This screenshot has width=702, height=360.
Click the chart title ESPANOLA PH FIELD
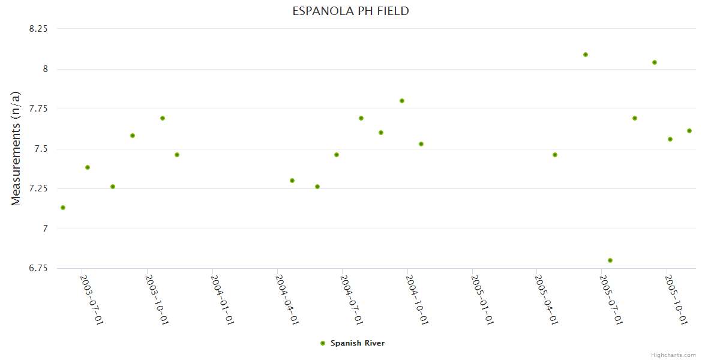tap(350, 11)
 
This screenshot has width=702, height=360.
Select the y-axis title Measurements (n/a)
tap(16, 148)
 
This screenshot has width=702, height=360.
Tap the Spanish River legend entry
tap(357, 343)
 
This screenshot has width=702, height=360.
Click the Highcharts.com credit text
tap(673, 355)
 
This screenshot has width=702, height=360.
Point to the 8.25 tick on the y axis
tap(38, 29)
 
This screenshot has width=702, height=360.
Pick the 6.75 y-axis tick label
tap(38, 268)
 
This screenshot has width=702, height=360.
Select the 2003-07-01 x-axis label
tap(92, 299)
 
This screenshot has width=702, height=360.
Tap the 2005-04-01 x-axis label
tap(546, 299)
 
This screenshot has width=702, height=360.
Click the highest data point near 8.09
tap(586, 55)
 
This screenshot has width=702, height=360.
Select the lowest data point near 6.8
tap(610, 260)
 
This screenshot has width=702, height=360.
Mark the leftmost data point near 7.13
tap(63, 208)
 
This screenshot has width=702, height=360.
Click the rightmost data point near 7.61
tap(689, 131)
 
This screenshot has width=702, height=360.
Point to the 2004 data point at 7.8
tap(402, 101)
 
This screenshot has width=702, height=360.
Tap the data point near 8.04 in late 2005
tap(655, 62)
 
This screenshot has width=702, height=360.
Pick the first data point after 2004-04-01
tap(292, 181)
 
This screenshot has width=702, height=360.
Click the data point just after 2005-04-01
tap(555, 155)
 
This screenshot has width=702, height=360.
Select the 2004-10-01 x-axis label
tap(417, 299)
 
